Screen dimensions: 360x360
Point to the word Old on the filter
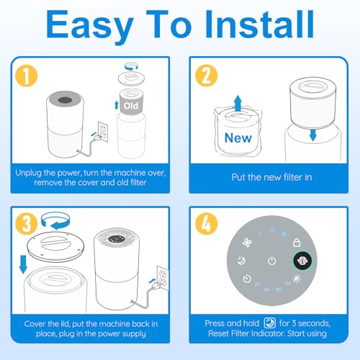coord(131,105)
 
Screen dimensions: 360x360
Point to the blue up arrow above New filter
coord(235,99)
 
